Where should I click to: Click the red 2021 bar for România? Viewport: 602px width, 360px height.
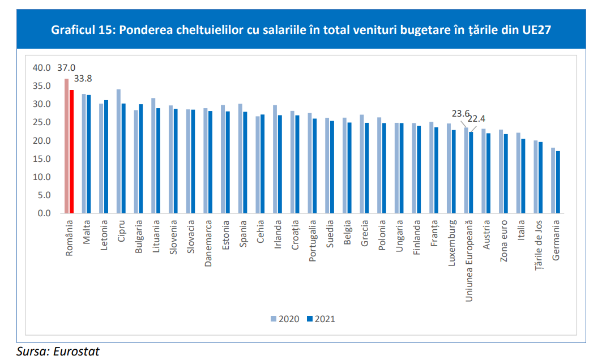pos(72,152)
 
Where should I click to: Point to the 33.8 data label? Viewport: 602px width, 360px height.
pos(84,79)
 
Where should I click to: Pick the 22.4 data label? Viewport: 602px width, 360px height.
pos(481,118)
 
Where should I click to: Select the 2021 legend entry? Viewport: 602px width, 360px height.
pos(321,319)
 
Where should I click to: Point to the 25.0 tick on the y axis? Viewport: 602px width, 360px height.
pos(42,122)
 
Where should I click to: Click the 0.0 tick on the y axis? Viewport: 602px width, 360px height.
pos(44,213)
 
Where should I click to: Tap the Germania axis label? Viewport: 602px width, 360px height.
pos(556,240)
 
